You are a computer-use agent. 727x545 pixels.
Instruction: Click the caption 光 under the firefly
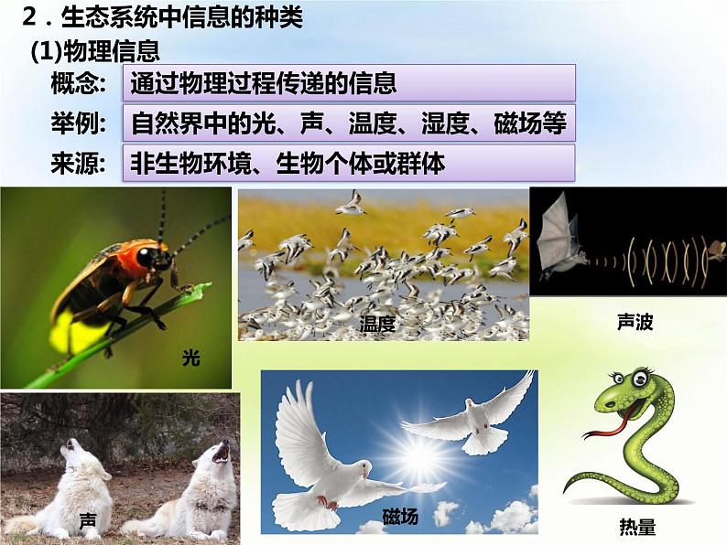click(x=190, y=358)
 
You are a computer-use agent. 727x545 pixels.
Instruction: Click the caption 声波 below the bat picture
click(x=635, y=322)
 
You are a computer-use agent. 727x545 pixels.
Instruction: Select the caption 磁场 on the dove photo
click(x=399, y=517)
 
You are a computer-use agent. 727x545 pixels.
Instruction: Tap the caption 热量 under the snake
click(x=637, y=528)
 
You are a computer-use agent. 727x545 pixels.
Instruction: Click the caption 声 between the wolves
click(x=88, y=521)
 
